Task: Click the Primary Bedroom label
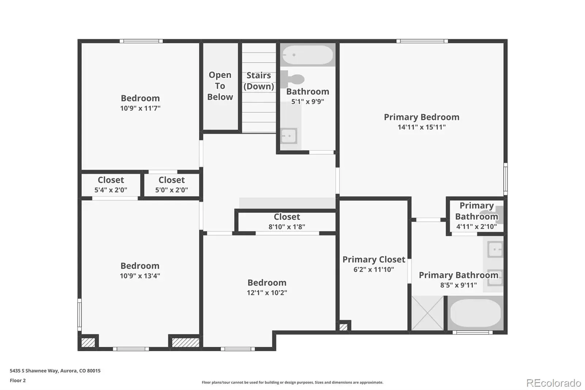coord(422,117)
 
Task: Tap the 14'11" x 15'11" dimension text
coord(422,127)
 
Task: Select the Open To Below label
coord(220,86)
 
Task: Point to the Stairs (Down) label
coord(258,80)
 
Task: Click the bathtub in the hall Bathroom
coord(307,55)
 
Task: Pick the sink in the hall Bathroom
coord(288,136)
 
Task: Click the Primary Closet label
coord(374,259)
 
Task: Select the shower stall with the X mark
coord(427,313)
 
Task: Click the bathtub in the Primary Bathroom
coord(476,313)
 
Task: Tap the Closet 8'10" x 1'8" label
coord(287,221)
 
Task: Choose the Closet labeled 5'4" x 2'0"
coord(111,184)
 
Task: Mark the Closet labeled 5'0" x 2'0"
coord(171,184)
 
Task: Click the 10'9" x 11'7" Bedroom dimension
coord(140,108)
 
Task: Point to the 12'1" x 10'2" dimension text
coord(267,293)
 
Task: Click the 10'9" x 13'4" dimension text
coord(140,276)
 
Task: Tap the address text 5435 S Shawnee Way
coord(35,371)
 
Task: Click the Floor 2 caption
coord(18,380)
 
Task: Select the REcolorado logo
coord(554,383)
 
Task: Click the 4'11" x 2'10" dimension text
coord(476,226)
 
